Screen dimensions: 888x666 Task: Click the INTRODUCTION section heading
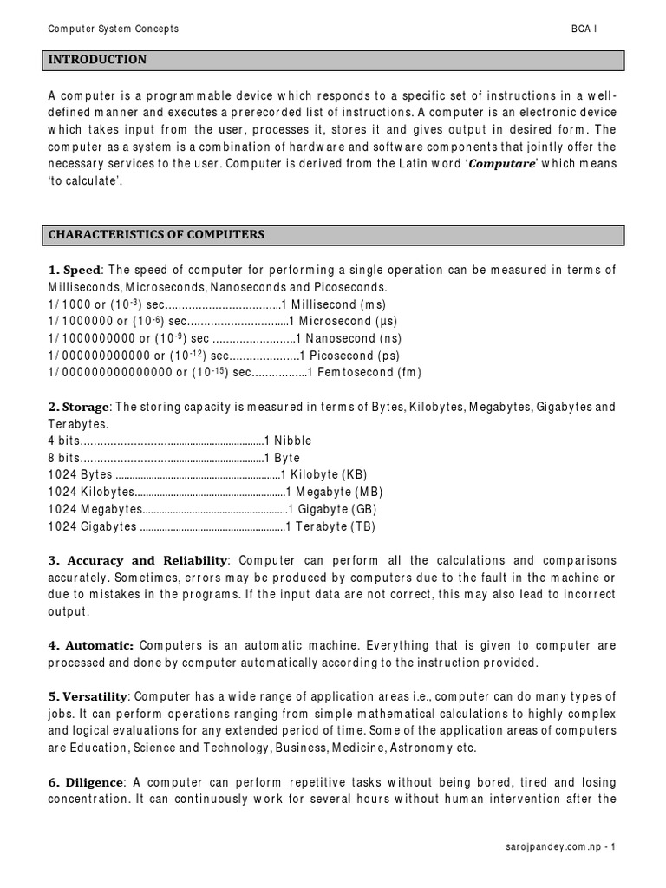tap(97, 60)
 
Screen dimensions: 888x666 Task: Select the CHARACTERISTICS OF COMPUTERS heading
tap(157, 235)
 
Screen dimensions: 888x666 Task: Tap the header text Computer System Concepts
tap(113, 29)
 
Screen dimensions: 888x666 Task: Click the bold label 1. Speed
tap(75, 271)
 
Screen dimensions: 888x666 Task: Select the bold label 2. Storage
tap(79, 407)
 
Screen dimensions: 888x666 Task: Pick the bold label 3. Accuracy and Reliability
tap(139, 561)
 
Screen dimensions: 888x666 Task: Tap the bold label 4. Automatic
tap(91, 646)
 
